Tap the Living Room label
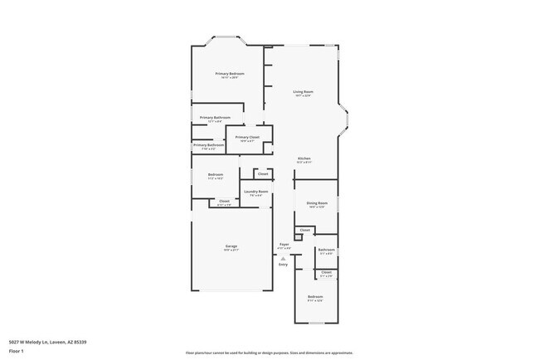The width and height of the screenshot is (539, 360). [303, 92]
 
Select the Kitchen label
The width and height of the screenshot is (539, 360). [304, 159]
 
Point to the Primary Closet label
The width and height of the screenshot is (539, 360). [247, 138]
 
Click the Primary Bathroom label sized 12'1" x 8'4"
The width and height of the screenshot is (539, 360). [215, 119]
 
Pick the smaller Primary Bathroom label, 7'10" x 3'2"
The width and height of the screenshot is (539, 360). [209, 146]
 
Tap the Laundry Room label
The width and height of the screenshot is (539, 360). [255, 192]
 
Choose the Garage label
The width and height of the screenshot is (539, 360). [231, 246]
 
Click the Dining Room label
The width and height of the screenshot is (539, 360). [318, 203]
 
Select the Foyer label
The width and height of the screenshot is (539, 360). [284, 245]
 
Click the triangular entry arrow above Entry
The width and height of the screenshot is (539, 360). [283, 258]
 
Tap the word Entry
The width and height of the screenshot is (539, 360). [283, 265]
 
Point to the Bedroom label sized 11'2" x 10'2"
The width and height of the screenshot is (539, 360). [216, 175]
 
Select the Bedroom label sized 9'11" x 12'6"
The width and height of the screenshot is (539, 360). [315, 297]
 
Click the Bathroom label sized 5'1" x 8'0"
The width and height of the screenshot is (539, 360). [327, 251]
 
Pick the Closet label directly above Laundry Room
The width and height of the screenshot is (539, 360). [262, 174]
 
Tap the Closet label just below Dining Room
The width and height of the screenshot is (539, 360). [305, 230]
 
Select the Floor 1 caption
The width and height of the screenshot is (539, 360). [16, 351]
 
